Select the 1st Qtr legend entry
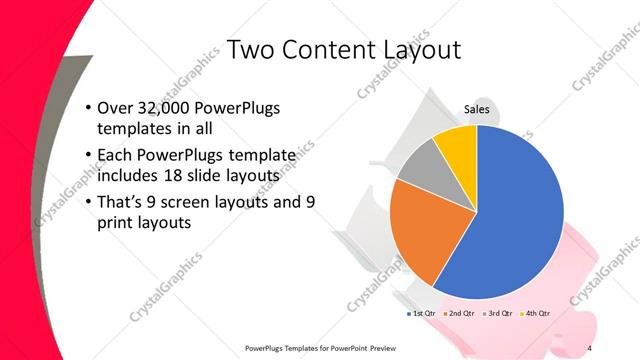click(421, 313)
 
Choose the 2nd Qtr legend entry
click(459, 313)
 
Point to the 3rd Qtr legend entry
click(497, 313)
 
